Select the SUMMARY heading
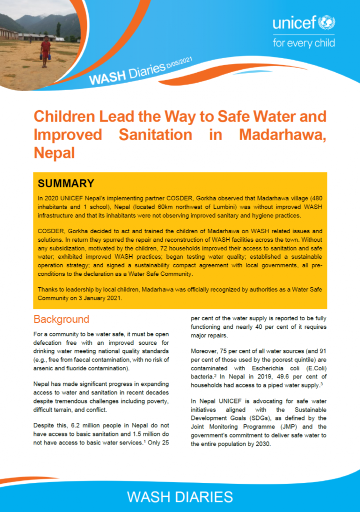pos(66,183)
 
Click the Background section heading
pos(61,319)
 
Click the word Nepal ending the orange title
pos(54,153)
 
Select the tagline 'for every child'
pos(303,43)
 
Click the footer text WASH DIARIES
pos(180,496)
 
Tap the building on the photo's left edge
pos(7,34)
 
